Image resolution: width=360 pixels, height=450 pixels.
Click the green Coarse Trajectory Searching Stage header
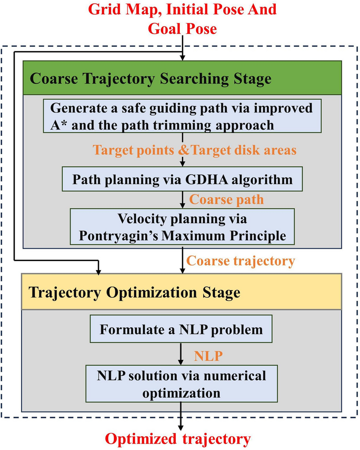click(x=182, y=78)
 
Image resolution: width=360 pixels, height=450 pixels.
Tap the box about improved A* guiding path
click(x=182, y=115)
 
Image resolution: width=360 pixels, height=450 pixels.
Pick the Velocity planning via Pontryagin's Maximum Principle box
click(x=182, y=226)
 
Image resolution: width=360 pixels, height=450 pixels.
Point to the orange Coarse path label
click(x=226, y=199)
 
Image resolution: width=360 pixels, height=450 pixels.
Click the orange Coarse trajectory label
click(x=240, y=261)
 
